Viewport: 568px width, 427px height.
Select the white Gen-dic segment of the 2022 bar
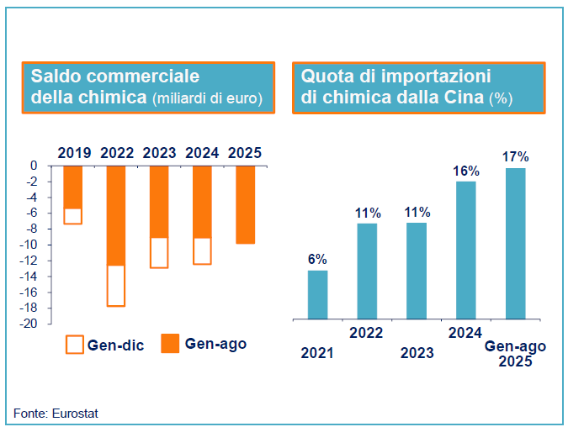coord(116,286)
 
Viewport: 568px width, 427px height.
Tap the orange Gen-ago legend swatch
coord(170,344)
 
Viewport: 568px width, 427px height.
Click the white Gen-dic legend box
coord(75,344)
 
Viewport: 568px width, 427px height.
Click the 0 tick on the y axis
coord(34,166)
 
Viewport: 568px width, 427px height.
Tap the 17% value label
coord(515,156)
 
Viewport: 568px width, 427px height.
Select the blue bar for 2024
coord(465,250)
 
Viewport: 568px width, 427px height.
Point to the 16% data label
coord(465,171)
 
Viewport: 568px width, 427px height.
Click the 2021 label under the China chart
coord(317,353)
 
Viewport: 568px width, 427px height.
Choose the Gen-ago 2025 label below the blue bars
coord(515,354)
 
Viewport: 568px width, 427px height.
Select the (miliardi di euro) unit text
coord(207,98)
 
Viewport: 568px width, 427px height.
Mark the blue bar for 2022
coord(367,271)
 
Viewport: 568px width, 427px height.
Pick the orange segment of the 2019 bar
coord(73,187)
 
